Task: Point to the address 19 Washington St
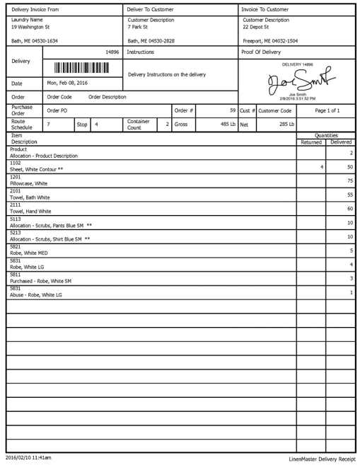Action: [34, 26]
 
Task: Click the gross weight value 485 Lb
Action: [227, 124]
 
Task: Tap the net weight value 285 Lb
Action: [286, 124]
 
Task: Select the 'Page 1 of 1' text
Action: [327, 110]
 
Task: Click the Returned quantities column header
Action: [311, 142]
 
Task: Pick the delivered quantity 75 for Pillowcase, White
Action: [349, 180]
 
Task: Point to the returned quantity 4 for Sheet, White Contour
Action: [322, 167]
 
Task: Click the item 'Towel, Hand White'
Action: [30, 211]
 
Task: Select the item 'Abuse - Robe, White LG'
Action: [36, 294]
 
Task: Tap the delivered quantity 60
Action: [349, 209]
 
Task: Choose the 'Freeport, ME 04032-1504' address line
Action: [270, 41]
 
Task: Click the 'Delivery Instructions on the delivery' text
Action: [167, 74]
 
